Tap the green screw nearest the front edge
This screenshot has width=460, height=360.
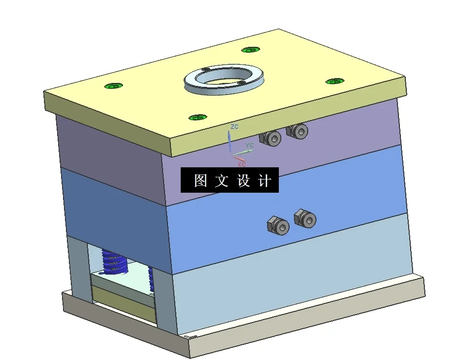tap(198, 117)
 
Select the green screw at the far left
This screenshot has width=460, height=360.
tap(113, 86)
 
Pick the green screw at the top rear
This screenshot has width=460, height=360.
tap(251, 50)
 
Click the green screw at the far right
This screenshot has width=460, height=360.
tap(335, 80)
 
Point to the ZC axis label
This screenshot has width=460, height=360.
tap(234, 127)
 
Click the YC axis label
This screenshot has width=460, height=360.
tap(250, 145)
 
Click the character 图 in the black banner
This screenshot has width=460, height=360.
tap(201, 181)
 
